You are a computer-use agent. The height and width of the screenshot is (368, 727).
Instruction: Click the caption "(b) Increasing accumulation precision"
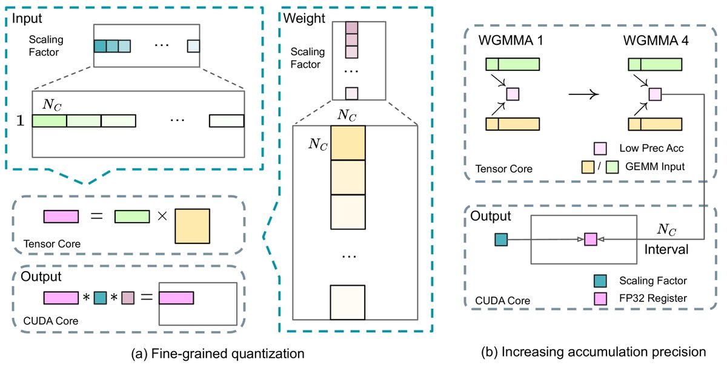[x=593, y=351]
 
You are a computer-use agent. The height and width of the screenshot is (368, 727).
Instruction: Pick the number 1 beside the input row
[x=20, y=121]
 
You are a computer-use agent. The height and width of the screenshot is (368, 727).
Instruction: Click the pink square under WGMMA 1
[x=513, y=94]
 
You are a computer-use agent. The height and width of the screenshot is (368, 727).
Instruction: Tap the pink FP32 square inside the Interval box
[x=590, y=240]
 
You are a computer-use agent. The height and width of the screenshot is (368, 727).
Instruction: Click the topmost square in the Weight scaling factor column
[x=351, y=27]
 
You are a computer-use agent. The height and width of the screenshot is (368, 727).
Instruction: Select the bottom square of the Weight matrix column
[x=347, y=301]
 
